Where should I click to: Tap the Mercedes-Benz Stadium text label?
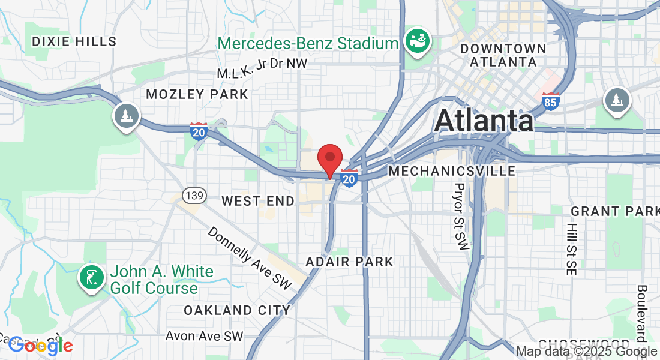tap(308, 43)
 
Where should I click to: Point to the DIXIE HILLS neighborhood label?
tap(74, 41)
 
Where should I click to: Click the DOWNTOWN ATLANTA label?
tap(503, 55)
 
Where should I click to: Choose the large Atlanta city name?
tap(484, 121)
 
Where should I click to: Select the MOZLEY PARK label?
tap(197, 95)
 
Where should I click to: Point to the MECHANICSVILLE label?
tap(452, 172)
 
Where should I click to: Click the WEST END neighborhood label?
tap(258, 202)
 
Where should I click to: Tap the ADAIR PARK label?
tap(349, 262)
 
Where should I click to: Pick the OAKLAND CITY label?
tap(237, 310)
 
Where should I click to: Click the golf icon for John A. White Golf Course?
tap(91, 277)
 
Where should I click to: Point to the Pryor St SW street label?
tap(461, 217)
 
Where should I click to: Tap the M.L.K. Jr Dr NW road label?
tap(262, 68)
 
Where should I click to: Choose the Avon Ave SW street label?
tap(204, 336)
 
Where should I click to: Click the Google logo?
tap(40, 345)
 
